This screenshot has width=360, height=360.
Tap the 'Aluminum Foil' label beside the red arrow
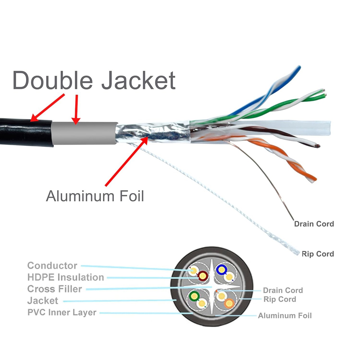tap(95, 196)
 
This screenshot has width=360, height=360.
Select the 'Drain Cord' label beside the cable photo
tap(314, 224)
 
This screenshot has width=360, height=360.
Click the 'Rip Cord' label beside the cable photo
tap(318, 254)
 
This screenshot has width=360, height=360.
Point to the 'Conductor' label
tap(52, 266)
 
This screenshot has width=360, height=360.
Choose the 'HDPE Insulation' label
tap(66, 277)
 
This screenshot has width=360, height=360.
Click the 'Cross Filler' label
tap(55, 289)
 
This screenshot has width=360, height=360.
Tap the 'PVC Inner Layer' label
tap(62, 312)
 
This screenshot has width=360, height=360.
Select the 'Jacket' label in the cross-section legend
tap(43, 301)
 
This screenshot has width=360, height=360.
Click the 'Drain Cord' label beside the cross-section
tap(283, 290)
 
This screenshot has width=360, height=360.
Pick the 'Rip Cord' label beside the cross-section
tap(280, 299)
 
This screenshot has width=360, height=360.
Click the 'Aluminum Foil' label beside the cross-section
tap(285, 316)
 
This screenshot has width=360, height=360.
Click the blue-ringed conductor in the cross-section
tap(222, 270)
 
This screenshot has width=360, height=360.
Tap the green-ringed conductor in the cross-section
tap(194, 296)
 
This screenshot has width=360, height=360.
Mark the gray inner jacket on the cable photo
tap(84, 133)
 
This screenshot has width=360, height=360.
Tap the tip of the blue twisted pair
tap(299, 67)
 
